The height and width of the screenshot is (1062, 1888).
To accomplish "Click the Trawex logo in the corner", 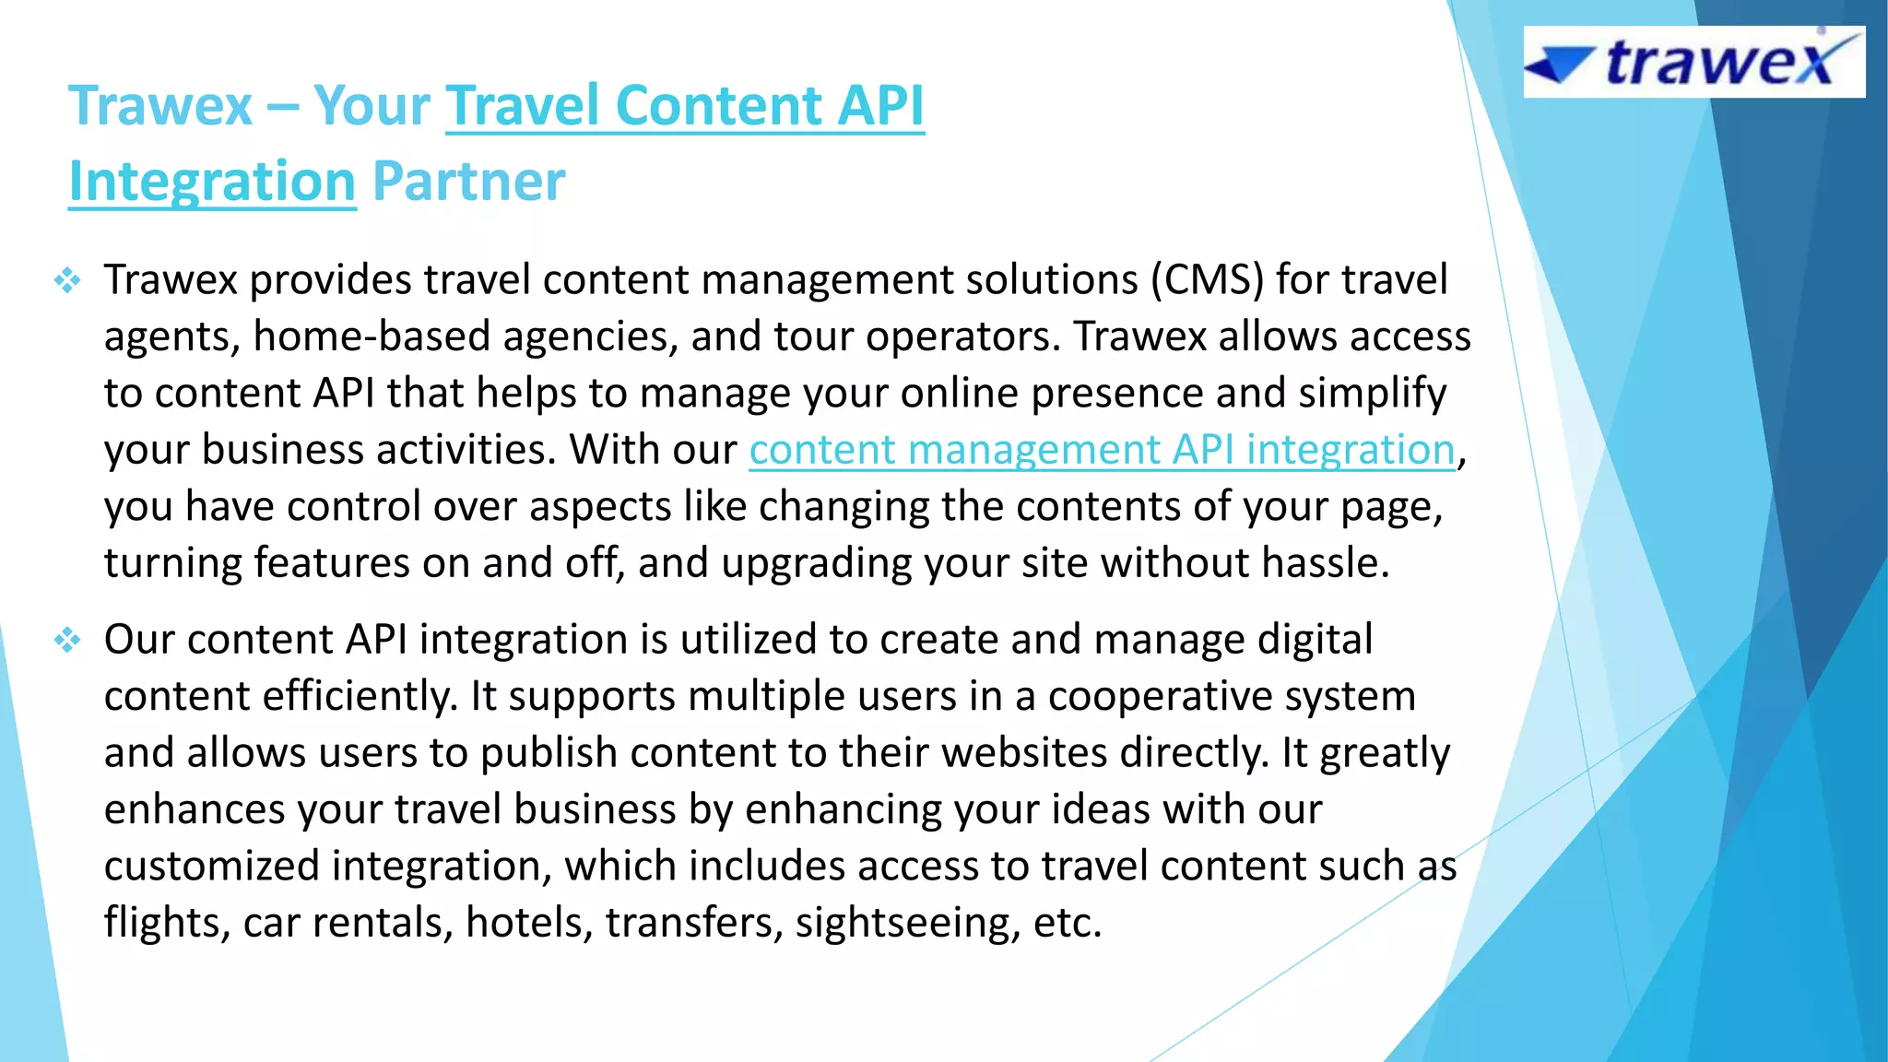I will [x=1694, y=62].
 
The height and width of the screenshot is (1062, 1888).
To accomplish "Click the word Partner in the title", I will [x=468, y=181].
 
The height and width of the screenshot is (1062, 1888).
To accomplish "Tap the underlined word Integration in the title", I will [x=212, y=181].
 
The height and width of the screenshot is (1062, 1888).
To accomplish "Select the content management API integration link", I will [x=1102, y=450].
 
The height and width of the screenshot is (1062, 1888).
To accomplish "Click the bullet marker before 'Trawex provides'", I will [x=67, y=280].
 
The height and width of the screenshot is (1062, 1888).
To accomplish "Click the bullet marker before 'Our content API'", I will [x=67, y=640].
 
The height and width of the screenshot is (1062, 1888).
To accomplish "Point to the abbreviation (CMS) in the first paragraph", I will [x=1207, y=280].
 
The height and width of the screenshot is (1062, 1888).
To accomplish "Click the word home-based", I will [x=372, y=336].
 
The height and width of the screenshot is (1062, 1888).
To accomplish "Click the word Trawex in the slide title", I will [x=159, y=106].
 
